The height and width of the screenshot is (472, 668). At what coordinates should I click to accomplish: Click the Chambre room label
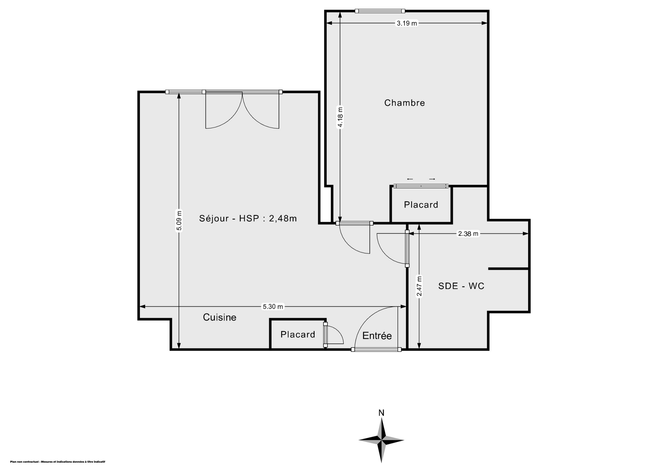point(404,103)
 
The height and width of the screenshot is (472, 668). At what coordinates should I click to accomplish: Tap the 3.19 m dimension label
point(407,23)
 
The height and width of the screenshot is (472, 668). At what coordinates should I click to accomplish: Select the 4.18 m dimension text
point(340,117)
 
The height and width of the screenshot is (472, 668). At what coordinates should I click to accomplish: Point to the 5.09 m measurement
point(179,221)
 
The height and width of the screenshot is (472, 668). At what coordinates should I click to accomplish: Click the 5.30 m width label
point(273,307)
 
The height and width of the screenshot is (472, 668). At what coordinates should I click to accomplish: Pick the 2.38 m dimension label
point(468,234)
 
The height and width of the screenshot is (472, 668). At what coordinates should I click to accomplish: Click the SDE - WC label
point(461,286)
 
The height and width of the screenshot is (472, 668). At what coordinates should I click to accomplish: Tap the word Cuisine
point(220,317)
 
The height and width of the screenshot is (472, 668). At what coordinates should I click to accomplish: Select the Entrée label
point(377,335)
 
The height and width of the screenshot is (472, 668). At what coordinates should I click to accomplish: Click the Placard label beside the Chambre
point(421,205)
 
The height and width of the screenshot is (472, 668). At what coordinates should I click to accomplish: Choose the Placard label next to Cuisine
point(298,334)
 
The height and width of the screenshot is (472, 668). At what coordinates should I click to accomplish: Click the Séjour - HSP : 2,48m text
point(248,218)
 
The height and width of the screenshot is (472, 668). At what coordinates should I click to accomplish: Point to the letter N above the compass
point(381,413)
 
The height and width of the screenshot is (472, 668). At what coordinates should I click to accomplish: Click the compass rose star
point(381,440)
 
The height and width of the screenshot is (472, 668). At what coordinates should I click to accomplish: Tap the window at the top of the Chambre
point(380,11)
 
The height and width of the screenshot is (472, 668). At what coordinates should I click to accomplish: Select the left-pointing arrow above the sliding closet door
point(410,179)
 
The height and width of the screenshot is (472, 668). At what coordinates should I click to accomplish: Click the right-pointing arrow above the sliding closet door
point(432,179)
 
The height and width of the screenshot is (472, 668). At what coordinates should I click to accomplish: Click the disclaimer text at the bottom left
point(58,462)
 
